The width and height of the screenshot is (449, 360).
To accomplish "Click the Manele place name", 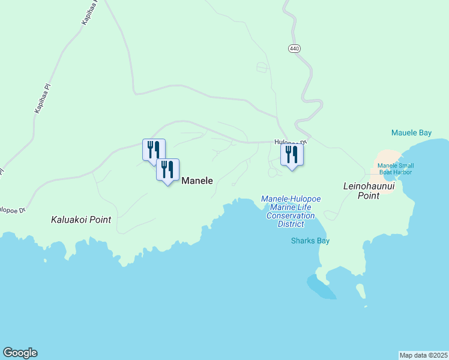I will (197, 180).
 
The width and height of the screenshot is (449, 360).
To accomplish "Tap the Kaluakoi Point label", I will (81, 220).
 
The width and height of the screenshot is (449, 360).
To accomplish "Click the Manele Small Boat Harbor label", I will (396, 169).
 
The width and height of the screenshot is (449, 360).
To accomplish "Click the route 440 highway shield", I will (294, 48).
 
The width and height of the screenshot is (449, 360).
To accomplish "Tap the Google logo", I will (20, 353).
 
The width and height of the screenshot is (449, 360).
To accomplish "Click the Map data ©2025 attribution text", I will (424, 355).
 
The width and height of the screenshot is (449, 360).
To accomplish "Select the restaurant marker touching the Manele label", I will (168, 170).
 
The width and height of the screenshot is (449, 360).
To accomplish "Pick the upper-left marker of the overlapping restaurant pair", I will (153, 149).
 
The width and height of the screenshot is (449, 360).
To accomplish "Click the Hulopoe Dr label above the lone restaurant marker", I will (291, 143).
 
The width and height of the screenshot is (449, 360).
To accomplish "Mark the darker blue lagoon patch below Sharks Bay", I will (321, 286).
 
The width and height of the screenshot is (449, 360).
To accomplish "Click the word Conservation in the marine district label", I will (291, 216).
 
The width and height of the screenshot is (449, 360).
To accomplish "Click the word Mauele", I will (403, 133).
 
